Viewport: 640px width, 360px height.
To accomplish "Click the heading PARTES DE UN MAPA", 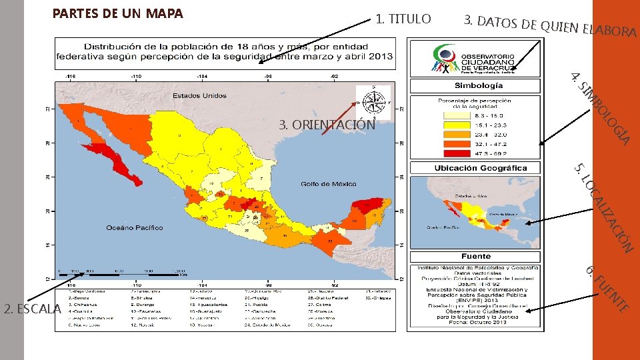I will [x=117, y=13].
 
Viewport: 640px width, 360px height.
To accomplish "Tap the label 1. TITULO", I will [x=403, y=19].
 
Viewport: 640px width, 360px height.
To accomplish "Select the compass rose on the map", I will [x=373, y=101].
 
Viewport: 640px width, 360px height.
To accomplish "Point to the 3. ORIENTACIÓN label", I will [x=327, y=125].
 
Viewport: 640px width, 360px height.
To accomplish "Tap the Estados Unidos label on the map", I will [x=199, y=96].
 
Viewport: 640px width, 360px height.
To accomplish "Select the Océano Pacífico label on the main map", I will [x=134, y=228].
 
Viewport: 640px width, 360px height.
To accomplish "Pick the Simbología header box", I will [x=475, y=86].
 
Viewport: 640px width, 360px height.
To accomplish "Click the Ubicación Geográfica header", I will [x=475, y=168].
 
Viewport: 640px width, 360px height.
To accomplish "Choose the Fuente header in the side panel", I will [x=475, y=256].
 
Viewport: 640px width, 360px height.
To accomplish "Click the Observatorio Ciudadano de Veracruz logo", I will [x=475, y=59].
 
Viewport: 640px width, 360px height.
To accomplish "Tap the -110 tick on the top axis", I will [x=135, y=76].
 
